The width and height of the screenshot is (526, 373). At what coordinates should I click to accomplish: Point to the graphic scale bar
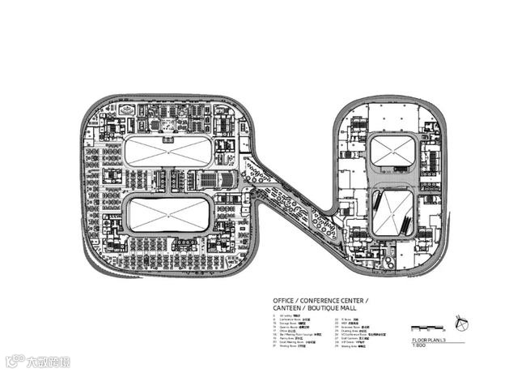point(427,328)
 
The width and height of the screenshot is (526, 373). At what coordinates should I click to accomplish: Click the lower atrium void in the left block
point(168,214)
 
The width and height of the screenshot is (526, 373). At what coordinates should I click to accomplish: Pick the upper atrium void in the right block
point(393,152)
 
